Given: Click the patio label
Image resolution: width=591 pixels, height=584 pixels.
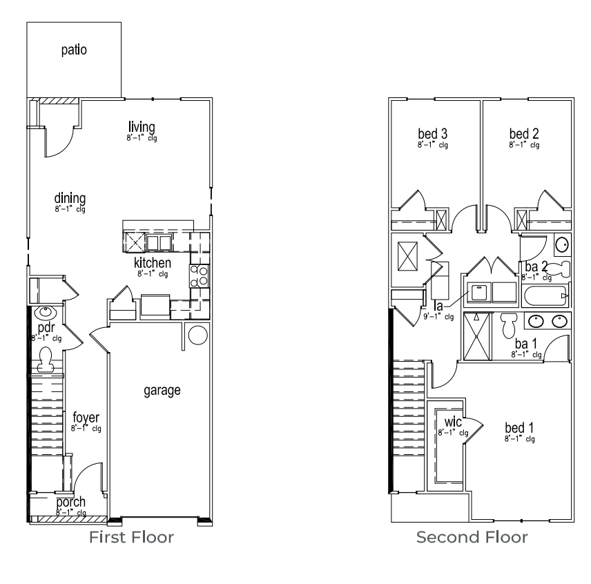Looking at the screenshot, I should pyautogui.click(x=74, y=50).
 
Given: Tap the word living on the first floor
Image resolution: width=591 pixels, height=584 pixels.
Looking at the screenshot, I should pyautogui.click(x=142, y=127).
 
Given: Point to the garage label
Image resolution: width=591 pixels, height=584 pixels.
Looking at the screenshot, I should pyautogui.click(x=162, y=391).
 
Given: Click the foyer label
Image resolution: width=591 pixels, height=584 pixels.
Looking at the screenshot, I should pyautogui.click(x=86, y=418).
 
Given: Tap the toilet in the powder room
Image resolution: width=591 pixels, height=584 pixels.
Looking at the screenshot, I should pyautogui.click(x=46, y=357).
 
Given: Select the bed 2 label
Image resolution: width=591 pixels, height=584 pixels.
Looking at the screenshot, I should pyautogui.click(x=524, y=133).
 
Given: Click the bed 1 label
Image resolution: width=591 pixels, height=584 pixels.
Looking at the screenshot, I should pyautogui.click(x=519, y=427).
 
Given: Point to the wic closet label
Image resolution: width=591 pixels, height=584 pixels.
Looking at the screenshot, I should pyautogui.click(x=453, y=422).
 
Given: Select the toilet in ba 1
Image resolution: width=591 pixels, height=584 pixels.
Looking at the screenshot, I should pyautogui.click(x=510, y=322).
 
